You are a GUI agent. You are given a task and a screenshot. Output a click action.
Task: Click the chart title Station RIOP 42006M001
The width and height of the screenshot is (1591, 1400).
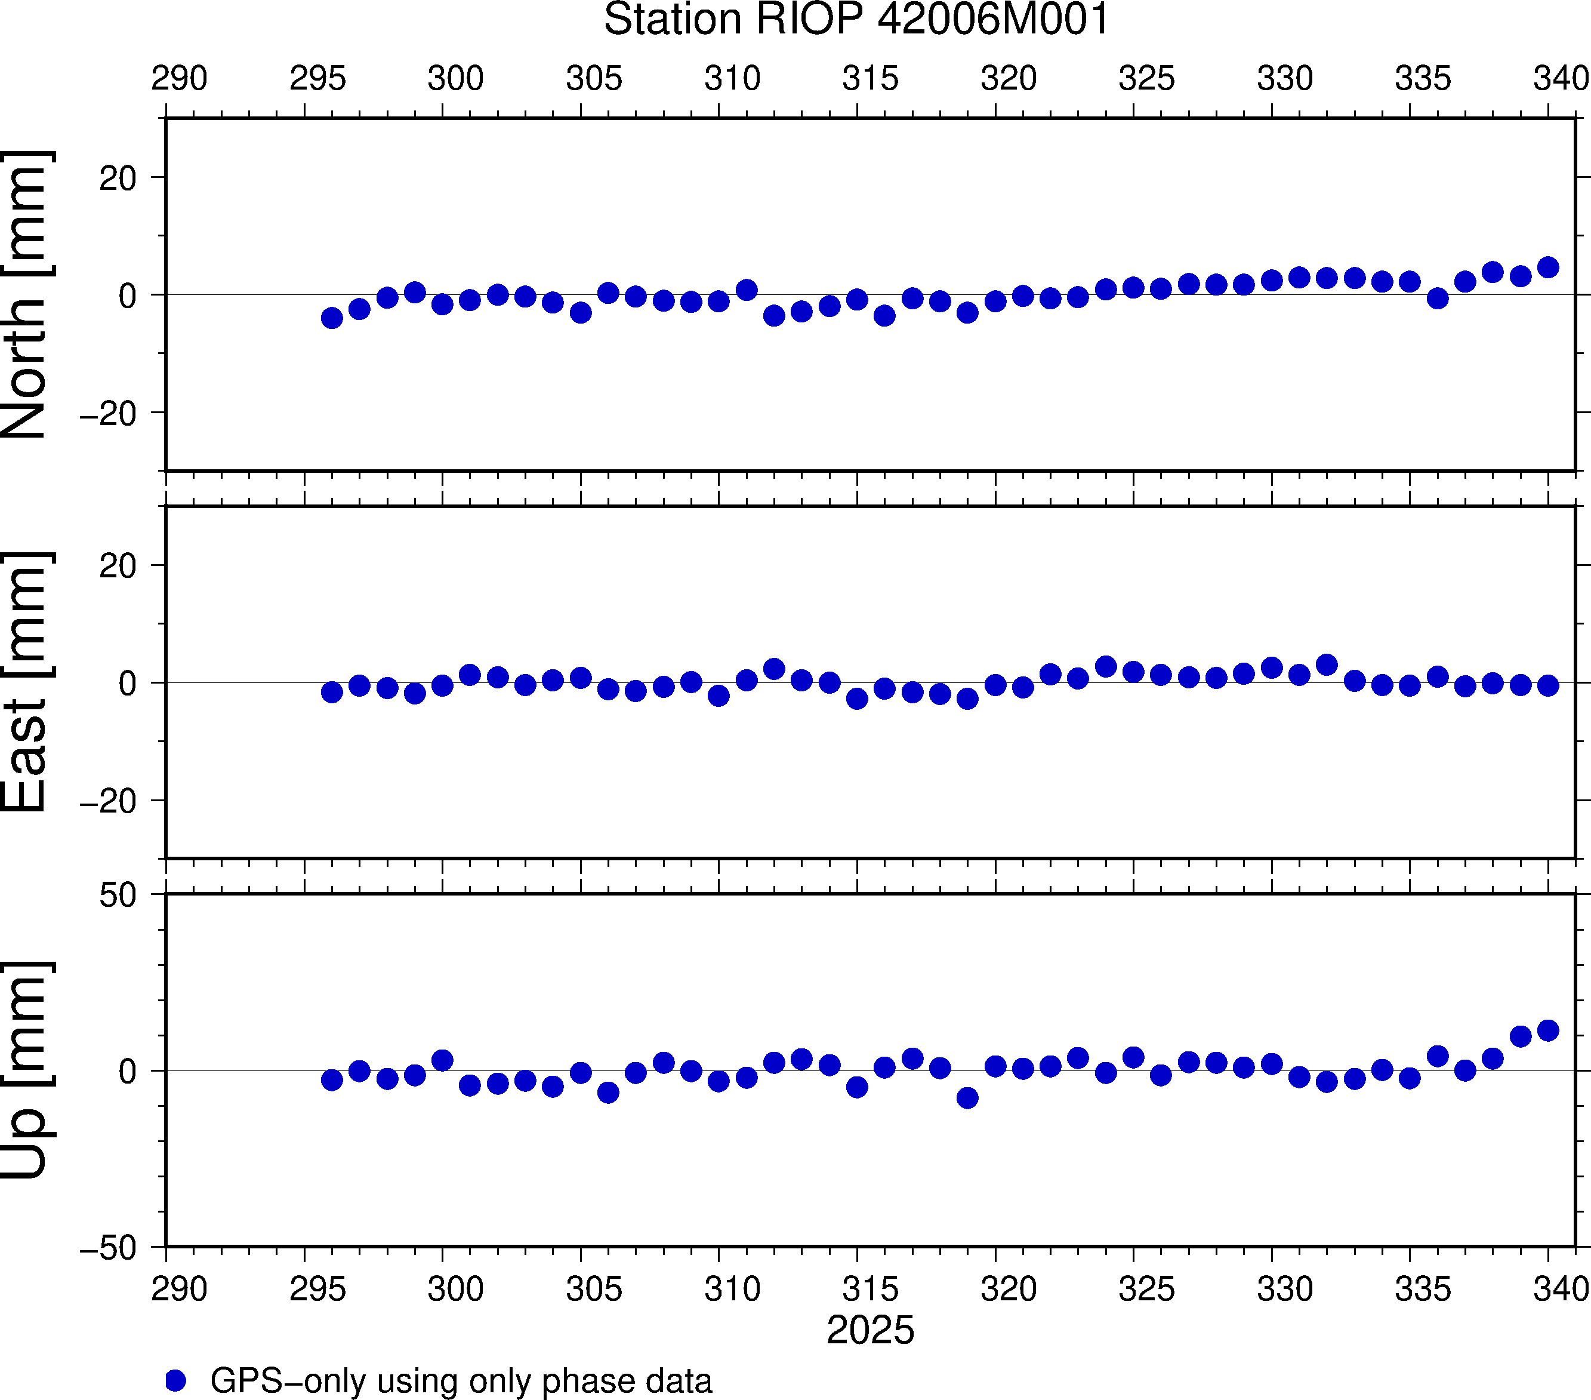pyautogui.click(x=856, y=20)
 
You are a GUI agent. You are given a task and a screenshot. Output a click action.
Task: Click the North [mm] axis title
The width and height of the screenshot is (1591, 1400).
pyautogui.click(x=26, y=294)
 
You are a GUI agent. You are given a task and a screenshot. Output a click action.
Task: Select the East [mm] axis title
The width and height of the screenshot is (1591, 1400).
pyautogui.click(x=26, y=682)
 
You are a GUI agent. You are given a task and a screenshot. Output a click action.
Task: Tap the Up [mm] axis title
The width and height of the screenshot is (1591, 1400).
pyautogui.click(x=26, y=1070)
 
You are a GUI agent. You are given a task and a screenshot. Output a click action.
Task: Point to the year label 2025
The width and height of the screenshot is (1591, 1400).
pyautogui.click(x=870, y=1330)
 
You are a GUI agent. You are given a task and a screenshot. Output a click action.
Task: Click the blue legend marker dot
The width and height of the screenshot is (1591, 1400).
pyautogui.click(x=176, y=1380)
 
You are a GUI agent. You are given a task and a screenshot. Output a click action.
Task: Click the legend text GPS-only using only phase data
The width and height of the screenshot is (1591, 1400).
pyautogui.click(x=461, y=1380)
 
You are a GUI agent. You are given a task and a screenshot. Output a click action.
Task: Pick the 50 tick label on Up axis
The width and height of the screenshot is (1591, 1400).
pyautogui.click(x=118, y=896)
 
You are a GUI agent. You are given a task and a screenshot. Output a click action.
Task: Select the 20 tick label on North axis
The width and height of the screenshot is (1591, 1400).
pyautogui.click(x=118, y=179)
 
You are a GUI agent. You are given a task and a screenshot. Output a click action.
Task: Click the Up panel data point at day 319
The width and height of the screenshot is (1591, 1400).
pyautogui.click(x=967, y=1098)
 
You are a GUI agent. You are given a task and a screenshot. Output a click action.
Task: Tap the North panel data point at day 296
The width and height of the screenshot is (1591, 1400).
pyautogui.click(x=332, y=318)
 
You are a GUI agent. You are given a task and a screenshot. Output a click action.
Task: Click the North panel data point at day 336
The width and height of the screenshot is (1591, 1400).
pyautogui.click(x=1438, y=299)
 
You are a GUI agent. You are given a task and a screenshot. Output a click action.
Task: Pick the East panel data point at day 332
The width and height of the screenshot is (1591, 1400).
pyautogui.click(x=1327, y=665)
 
